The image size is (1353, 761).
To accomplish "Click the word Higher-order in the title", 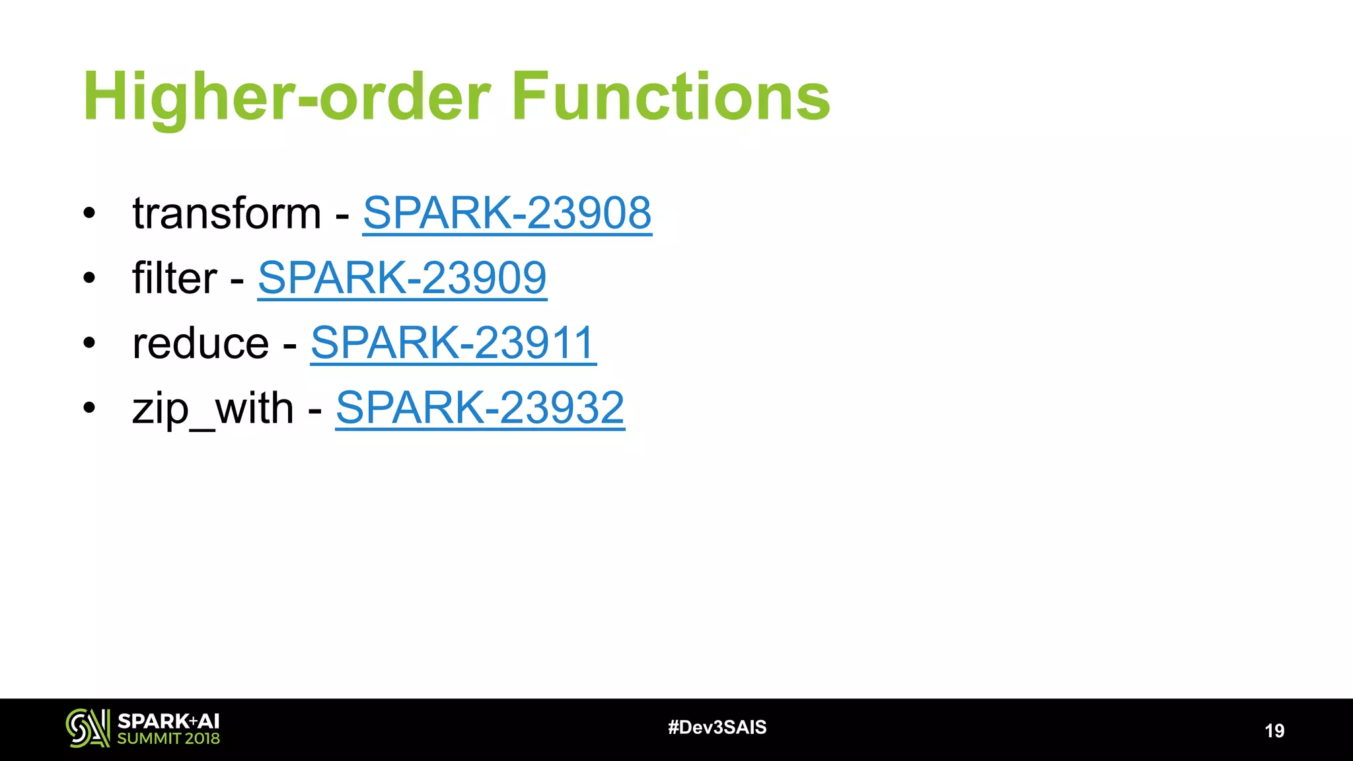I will pyautogui.click(x=287, y=98).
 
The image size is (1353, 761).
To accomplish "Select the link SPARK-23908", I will pyautogui.click(x=507, y=213).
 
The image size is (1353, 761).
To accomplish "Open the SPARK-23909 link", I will pyautogui.click(x=402, y=277).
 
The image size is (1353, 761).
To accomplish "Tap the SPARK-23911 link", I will pyautogui.click(x=453, y=342).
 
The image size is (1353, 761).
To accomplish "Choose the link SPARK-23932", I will pyautogui.click(x=480, y=407).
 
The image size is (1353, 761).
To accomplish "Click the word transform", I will pyautogui.click(x=227, y=214).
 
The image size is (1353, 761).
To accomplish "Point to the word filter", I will pyautogui.click(x=174, y=277).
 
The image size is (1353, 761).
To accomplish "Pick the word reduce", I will pyautogui.click(x=201, y=344).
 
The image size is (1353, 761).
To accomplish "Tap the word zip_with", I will pyautogui.click(x=213, y=408).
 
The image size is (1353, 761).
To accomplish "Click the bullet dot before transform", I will pyautogui.click(x=89, y=213).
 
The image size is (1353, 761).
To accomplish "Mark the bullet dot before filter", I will pyautogui.click(x=89, y=278).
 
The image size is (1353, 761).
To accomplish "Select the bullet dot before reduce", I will pyautogui.click(x=89, y=343).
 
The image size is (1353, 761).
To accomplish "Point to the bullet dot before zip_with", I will pyautogui.click(x=89, y=408).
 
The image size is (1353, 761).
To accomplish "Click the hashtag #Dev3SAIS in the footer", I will pyautogui.click(x=717, y=727).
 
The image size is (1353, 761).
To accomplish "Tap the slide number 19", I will pyautogui.click(x=1274, y=731).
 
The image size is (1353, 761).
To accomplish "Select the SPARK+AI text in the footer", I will pyautogui.click(x=168, y=721).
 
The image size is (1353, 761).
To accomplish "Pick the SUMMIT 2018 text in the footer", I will pyautogui.click(x=168, y=739).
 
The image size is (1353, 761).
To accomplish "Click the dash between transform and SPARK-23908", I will pyautogui.click(x=342, y=215).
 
